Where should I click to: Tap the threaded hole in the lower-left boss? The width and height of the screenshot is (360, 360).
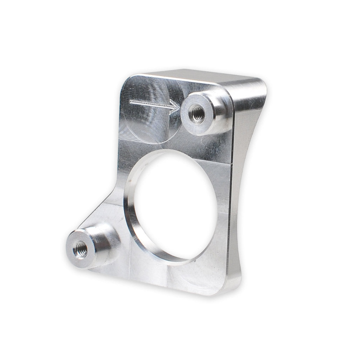click(x=79, y=249)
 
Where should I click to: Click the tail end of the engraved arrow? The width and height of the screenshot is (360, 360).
click(x=130, y=102)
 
